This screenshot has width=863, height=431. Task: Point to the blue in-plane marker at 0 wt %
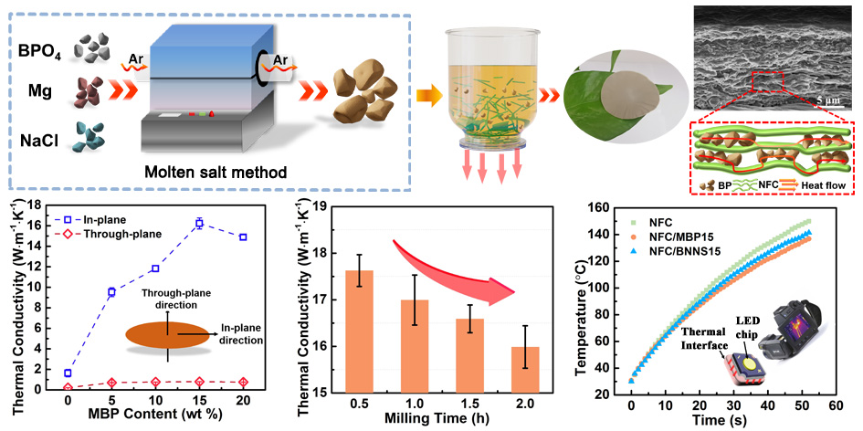[x=68, y=373]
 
